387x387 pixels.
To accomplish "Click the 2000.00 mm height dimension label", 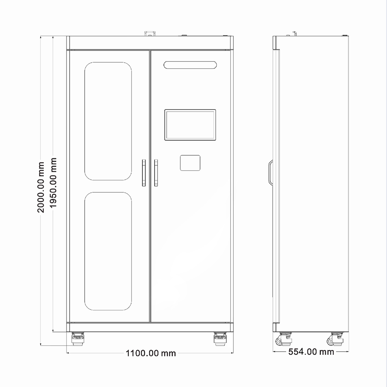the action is [41, 187].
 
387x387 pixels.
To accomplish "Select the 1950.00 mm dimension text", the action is [53, 183].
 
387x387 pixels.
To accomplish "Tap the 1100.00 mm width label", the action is [151, 353].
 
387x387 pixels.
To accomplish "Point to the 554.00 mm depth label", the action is [311, 352].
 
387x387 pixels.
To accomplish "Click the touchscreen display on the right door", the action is [190, 125].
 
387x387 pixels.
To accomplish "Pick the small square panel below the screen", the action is [190, 163].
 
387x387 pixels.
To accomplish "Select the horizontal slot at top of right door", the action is [190, 65].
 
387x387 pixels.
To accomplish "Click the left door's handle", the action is [144, 173].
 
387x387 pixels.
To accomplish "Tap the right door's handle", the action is [156, 173].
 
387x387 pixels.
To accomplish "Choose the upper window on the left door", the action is [108, 121].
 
